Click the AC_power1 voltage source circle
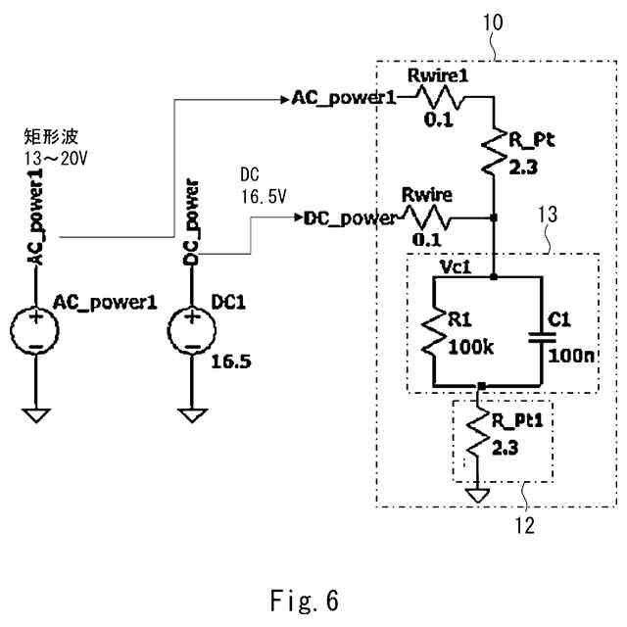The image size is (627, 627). click(35, 331)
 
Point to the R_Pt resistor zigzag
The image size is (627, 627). click(493, 153)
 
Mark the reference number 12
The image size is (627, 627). click(525, 526)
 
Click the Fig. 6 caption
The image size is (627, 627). click(304, 599)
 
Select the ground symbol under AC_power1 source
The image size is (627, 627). click(35, 415)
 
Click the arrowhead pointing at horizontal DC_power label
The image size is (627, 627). click(296, 217)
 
